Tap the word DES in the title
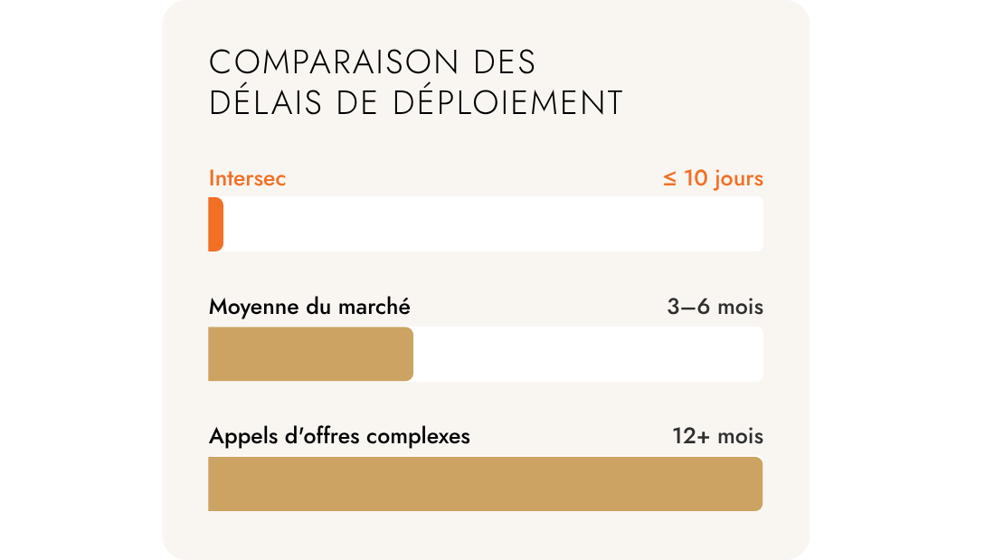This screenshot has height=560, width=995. click(505, 62)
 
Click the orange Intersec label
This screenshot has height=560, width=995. click(247, 178)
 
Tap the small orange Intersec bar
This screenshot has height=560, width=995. click(215, 223)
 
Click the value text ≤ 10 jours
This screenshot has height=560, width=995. click(713, 178)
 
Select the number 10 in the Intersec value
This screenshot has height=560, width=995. click(696, 178)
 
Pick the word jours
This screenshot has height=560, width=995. click(738, 179)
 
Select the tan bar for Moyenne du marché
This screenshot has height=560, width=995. click(310, 354)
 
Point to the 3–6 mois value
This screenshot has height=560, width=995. click(715, 308)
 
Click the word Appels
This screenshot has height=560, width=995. click(238, 437)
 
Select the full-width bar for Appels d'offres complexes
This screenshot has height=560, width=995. click(485, 484)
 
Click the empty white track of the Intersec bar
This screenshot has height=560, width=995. click(493, 223)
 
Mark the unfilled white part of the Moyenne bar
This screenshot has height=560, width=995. click(588, 354)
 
